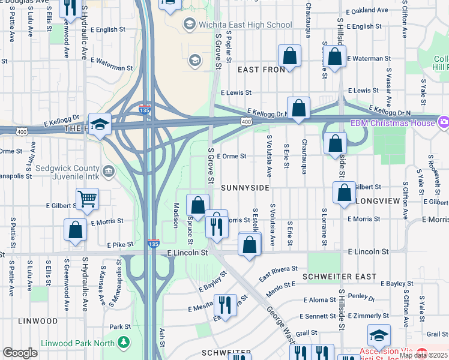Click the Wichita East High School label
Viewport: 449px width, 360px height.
tap(245, 25)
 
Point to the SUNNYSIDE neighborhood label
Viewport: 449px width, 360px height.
tap(245, 188)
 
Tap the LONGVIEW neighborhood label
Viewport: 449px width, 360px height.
tap(377, 200)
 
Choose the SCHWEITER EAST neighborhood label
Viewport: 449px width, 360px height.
tap(344, 277)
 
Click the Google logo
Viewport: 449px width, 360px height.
tap(20, 353)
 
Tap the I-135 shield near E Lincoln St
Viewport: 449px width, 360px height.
tap(154, 244)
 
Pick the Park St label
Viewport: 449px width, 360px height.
tap(121, 327)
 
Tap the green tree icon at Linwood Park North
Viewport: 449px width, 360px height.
tap(124, 343)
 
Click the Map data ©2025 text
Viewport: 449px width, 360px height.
tap(423, 355)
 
